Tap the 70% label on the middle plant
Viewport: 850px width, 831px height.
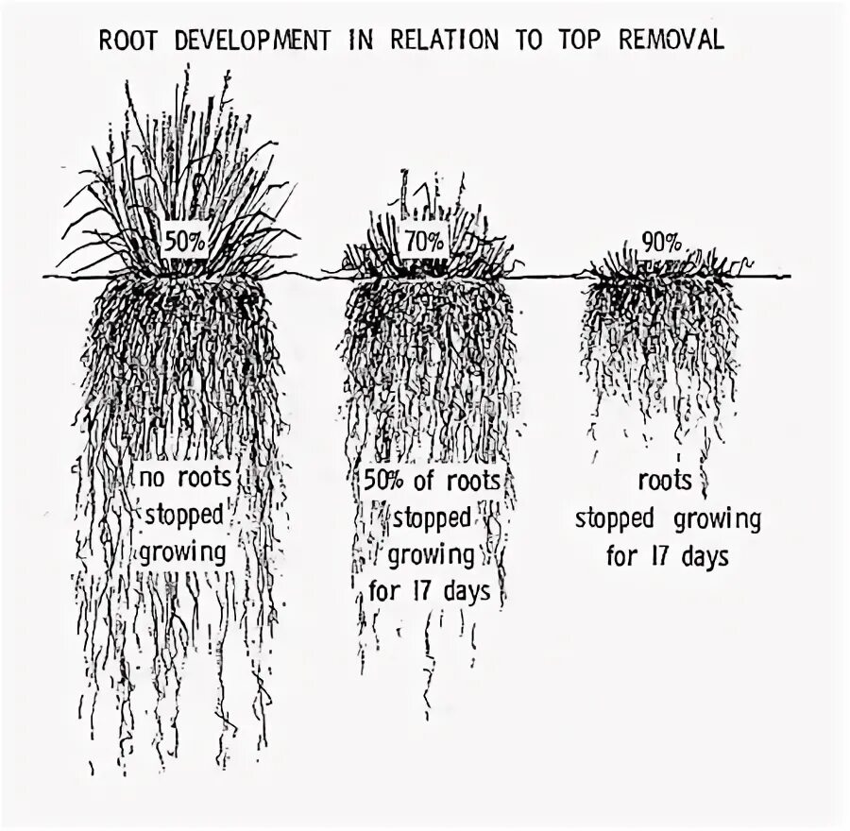(x=424, y=241)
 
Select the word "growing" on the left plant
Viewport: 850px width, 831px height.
(x=183, y=551)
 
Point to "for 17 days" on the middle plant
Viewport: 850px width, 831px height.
(x=431, y=592)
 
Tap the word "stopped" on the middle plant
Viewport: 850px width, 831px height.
(x=431, y=517)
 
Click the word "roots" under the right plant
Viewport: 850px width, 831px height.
(x=666, y=480)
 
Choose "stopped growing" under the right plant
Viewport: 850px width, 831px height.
(x=668, y=518)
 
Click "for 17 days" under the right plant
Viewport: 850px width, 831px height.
(x=668, y=556)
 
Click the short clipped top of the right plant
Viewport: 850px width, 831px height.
(x=666, y=264)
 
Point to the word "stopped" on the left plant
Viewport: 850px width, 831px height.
(x=183, y=515)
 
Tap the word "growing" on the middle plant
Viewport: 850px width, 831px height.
(x=431, y=554)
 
